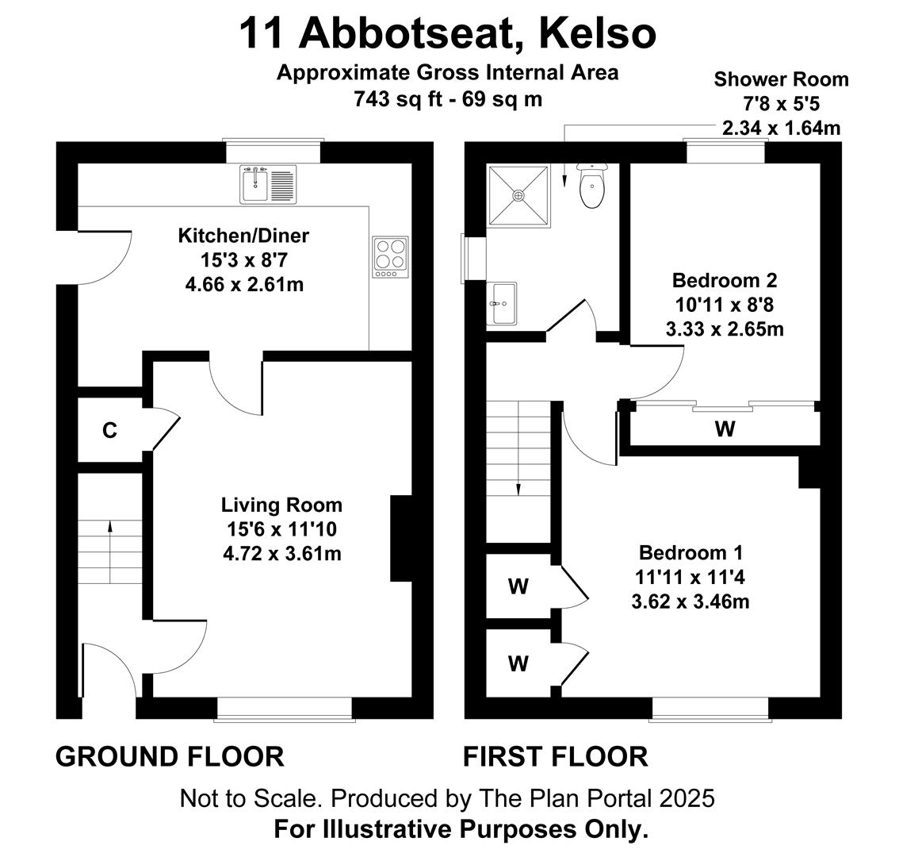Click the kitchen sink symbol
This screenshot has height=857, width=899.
[268, 184]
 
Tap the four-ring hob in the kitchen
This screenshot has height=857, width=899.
[390, 256]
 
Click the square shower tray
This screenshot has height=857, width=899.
[518, 195]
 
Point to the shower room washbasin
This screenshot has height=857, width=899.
[502, 303]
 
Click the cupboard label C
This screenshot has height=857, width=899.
[109, 430]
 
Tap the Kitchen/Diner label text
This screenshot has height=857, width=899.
[243, 236]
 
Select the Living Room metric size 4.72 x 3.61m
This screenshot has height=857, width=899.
[282, 553]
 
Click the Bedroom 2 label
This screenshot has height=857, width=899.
[725, 280]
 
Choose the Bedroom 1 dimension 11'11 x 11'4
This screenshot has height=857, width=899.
[691, 577]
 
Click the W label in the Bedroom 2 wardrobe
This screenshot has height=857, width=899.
[725, 428]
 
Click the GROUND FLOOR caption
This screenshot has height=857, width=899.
[170, 756]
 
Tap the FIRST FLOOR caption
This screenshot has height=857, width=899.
[556, 756]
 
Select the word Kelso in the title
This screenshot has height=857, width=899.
[598, 33]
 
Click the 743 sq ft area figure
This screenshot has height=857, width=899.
[399, 98]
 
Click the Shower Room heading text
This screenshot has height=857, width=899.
[781, 79]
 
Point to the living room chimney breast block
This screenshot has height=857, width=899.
[401, 539]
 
